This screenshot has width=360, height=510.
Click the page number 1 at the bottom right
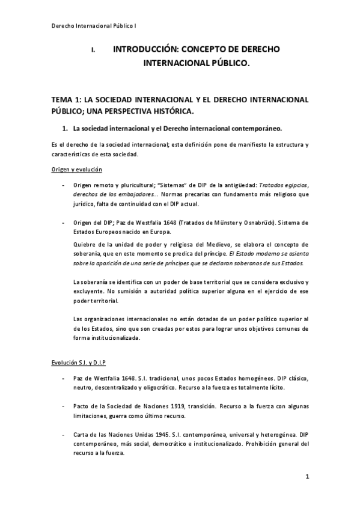(x=307, y=477)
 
